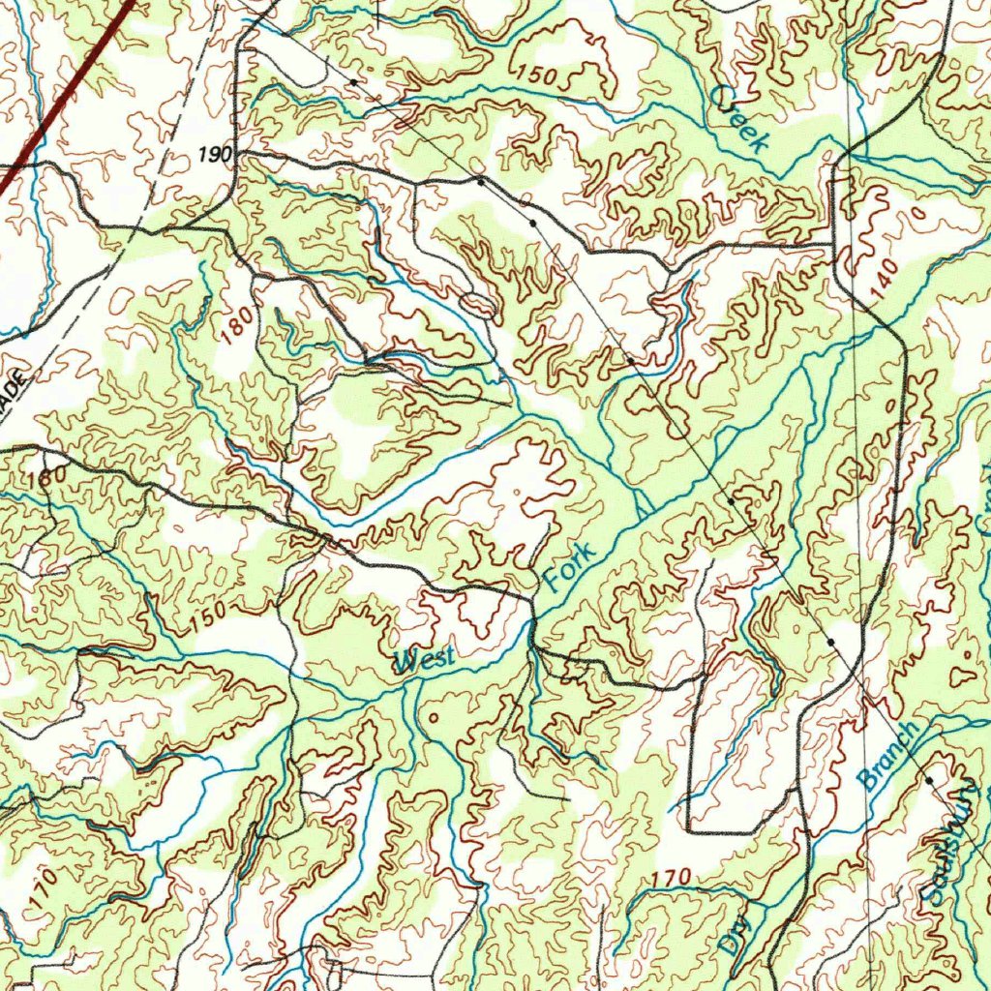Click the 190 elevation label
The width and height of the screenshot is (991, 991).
tap(215, 154)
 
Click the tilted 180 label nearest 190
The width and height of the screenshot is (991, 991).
tap(238, 323)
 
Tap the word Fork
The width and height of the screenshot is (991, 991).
tap(568, 568)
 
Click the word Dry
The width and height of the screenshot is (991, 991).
tap(737, 937)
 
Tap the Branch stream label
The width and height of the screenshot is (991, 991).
tap(887, 756)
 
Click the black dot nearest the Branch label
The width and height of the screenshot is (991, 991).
tap(928, 780)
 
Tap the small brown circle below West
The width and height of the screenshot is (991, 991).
tap(433, 717)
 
